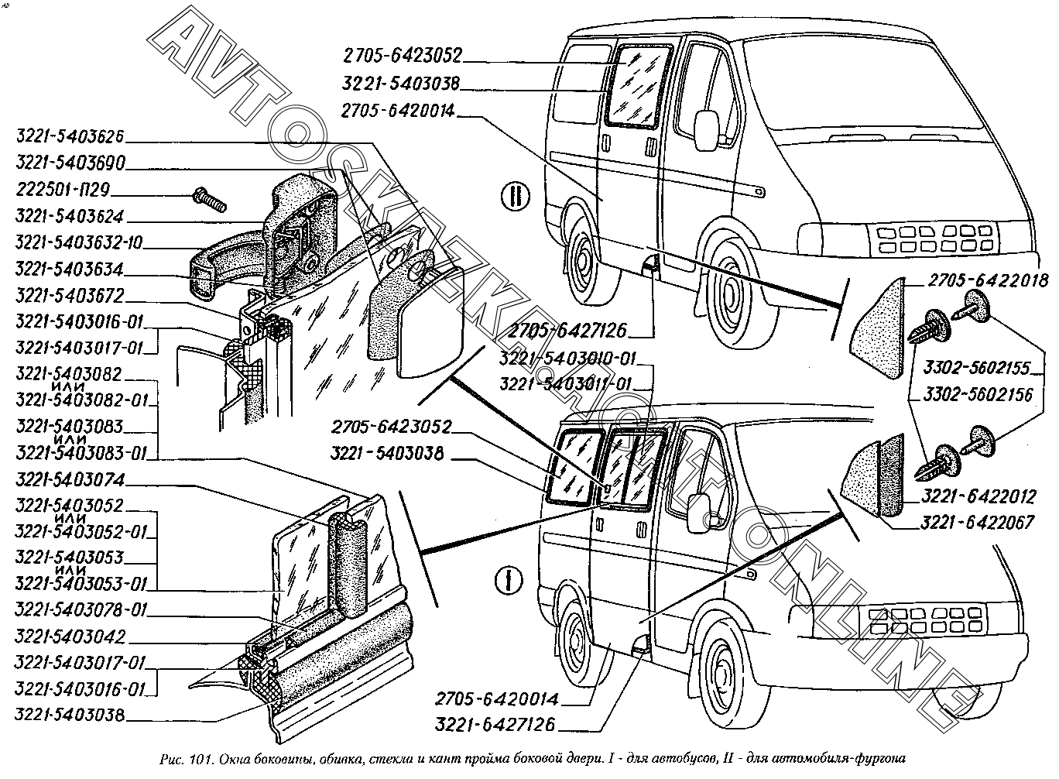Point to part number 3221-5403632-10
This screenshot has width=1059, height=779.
tap(78, 243)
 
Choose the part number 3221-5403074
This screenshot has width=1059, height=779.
tap(70, 480)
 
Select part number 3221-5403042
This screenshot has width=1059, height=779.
tap(70, 637)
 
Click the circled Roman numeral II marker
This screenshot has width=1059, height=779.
tap(515, 194)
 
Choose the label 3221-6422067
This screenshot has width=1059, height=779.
tap(977, 523)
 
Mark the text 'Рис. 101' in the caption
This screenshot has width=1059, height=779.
tap(176, 758)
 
